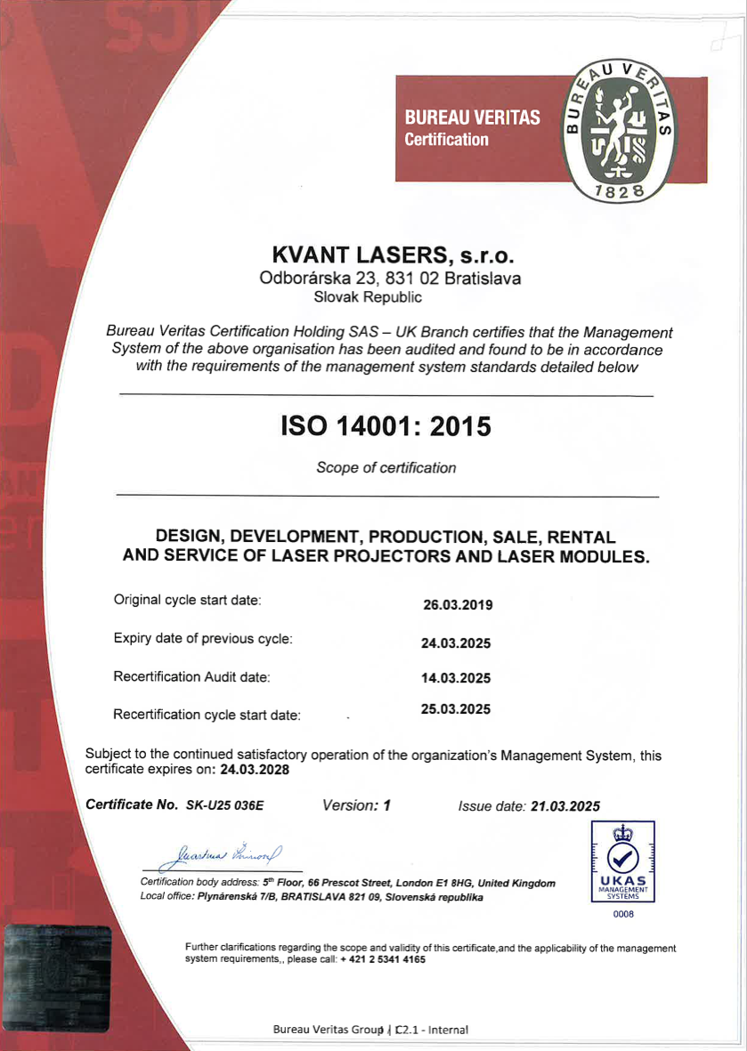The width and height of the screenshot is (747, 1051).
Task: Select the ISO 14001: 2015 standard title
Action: (386, 426)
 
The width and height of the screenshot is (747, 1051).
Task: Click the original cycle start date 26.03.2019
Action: (458, 605)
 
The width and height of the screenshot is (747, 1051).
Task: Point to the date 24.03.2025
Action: (456, 643)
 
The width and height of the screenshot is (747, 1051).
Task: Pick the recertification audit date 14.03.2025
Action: (456, 677)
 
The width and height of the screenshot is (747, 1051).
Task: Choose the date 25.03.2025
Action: (456, 710)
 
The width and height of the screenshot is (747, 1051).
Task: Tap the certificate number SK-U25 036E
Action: (225, 806)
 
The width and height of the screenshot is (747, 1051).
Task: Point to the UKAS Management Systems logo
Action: (617, 861)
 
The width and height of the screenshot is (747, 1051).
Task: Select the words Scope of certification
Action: (386, 468)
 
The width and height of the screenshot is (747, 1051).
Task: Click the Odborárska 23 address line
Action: (390, 278)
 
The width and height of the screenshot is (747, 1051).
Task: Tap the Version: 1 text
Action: (357, 805)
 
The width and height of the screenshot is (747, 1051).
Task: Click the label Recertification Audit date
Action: (191, 677)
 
